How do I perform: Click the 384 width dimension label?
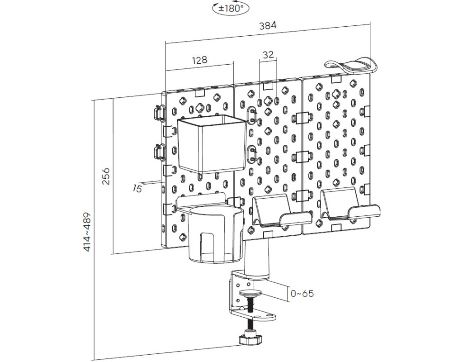click(268, 26)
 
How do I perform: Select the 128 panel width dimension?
click(199, 60)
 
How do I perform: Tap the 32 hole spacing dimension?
click(268, 55)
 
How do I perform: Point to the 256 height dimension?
click(105, 176)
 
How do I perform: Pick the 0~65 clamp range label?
click(302, 293)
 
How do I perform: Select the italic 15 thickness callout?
click(137, 188)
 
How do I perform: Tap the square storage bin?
click(211, 144)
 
